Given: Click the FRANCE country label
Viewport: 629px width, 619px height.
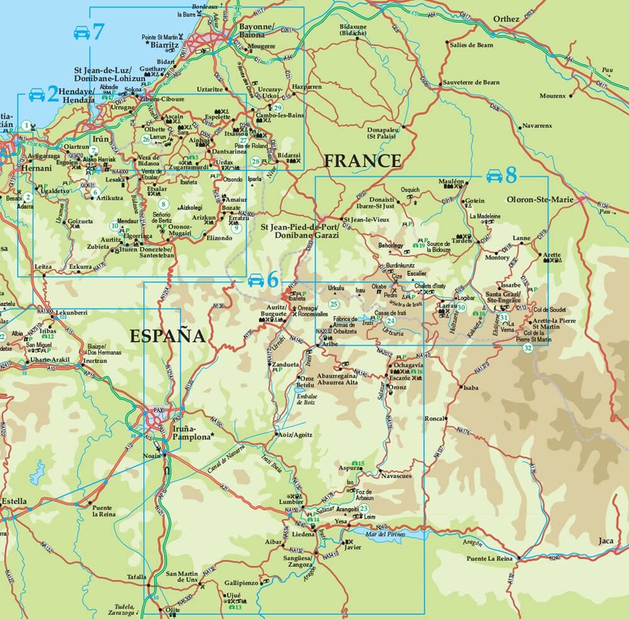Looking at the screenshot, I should (x=362, y=161).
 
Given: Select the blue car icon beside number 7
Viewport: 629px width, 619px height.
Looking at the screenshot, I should (x=82, y=32).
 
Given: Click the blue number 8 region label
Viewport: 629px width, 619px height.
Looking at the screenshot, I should (x=510, y=175).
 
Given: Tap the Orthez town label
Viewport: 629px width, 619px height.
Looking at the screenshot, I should (x=506, y=19).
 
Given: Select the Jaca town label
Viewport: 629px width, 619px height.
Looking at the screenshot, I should (x=606, y=541).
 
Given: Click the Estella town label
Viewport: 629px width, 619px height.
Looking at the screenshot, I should (x=14, y=501).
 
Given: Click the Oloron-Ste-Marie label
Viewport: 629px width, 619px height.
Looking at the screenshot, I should (x=539, y=201).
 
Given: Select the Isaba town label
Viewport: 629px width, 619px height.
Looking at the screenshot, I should (x=470, y=388).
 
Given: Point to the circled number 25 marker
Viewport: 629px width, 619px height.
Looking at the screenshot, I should (x=334, y=304).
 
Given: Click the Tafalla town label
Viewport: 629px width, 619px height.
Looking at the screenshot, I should (x=136, y=577).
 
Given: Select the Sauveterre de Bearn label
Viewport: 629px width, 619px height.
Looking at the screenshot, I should (x=471, y=82).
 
